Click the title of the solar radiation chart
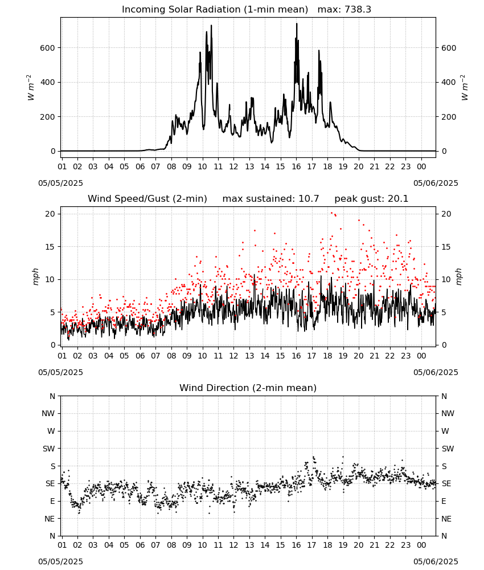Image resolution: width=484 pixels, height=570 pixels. click(x=215, y=10)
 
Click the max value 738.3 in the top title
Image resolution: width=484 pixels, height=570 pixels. click(x=358, y=10)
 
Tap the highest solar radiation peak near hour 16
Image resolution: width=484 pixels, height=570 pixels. click(x=297, y=23)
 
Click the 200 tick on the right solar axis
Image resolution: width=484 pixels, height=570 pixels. click(x=449, y=117)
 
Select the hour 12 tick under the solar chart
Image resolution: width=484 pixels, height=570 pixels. click(x=233, y=166)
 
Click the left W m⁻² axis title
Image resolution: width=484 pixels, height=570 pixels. click(x=31, y=87)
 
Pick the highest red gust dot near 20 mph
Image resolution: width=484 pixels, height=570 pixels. click(x=331, y=213)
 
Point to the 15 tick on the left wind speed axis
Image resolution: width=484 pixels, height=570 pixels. click(x=50, y=247)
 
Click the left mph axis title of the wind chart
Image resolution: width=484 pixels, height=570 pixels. click(x=35, y=276)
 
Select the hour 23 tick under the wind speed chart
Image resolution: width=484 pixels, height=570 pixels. click(x=405, y=356)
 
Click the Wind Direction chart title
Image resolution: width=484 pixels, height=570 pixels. click(x=248, y=388)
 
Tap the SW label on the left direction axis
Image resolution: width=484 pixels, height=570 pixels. click(x=48, y=449)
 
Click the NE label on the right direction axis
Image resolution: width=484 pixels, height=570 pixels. click(x=446, y=519)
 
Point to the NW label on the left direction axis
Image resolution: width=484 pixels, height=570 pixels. click(x=48, y=413)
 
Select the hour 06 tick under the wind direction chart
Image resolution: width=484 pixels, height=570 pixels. click(x=140, y=545)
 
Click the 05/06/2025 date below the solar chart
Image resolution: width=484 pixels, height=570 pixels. click(x=436, y=183)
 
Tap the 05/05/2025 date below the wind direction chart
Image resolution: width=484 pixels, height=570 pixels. click(x=60, y=561)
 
